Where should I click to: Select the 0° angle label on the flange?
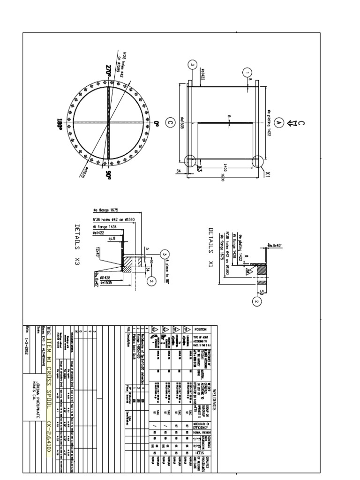click(157, 124)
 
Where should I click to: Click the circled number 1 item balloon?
click(247, 73)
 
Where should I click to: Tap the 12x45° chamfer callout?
click(98, 252)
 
